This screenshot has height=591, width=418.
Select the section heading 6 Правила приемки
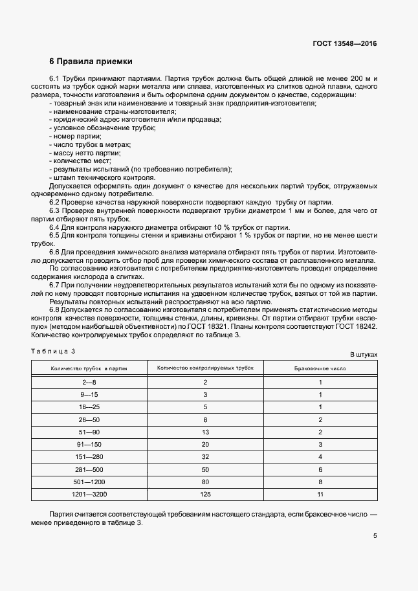click(x=91, y=62)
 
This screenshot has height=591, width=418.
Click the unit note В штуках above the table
click(x=363, y=355)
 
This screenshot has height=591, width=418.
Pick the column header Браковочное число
click(x=320, y=368)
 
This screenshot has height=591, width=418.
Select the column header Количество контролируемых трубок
click(x=205, y=368)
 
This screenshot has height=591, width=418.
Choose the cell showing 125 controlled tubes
click(x=205, y=495)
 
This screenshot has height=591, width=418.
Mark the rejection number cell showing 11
click(x=320, y=495)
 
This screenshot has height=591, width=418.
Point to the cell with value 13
click(x=205, y=432)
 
